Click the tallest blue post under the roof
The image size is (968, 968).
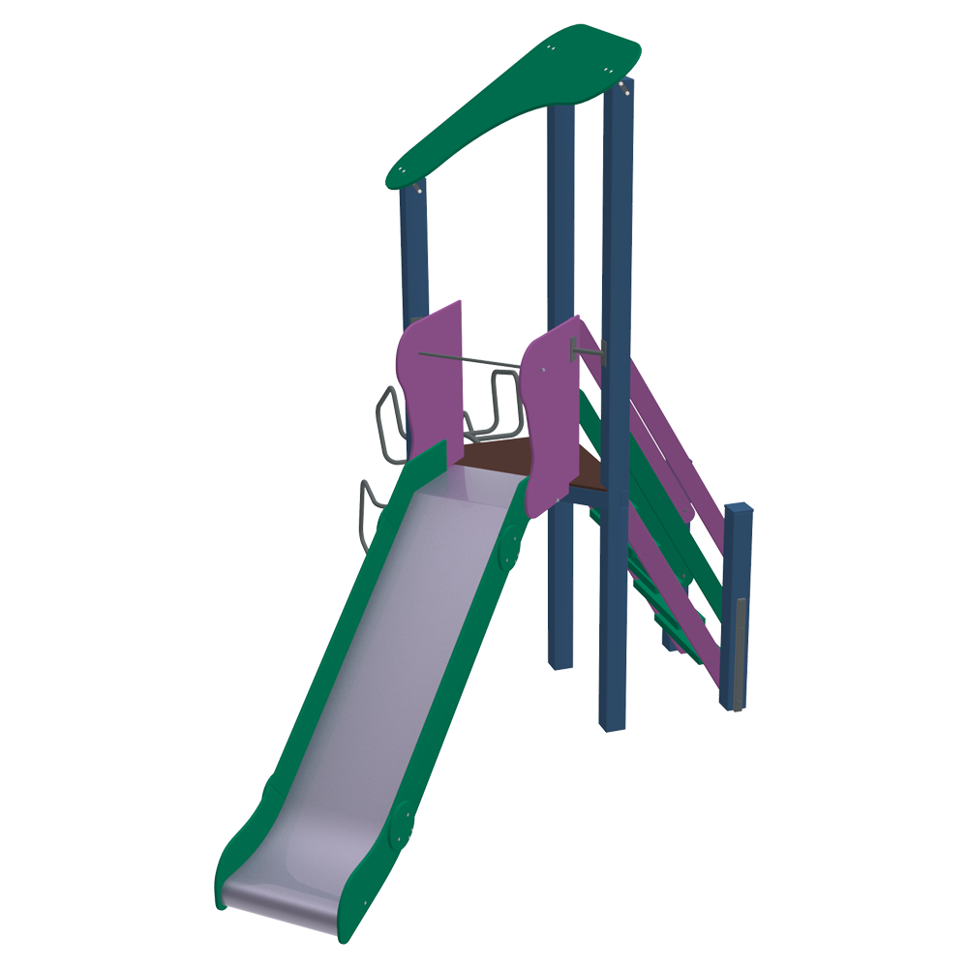pyautogui.click(x=617, y=387)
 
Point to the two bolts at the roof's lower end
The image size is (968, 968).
pyautogui.click(x=418, y=191)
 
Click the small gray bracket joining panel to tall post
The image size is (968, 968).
pyautogui.click(x=589, y=349)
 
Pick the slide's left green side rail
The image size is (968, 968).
pyautogui.click(x=319, y=678)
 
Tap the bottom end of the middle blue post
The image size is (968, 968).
pyautogui.click(x=560, y=658)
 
